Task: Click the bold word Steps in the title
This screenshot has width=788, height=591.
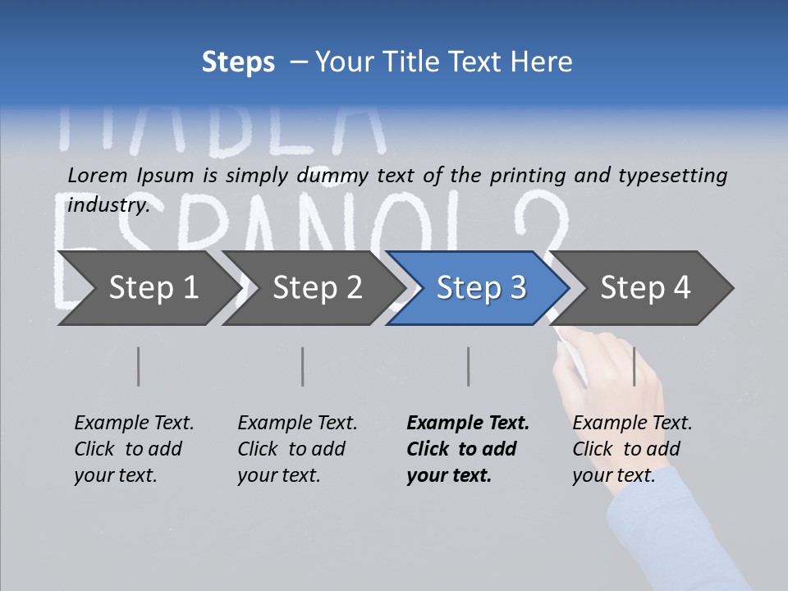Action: click(x=238, y=62)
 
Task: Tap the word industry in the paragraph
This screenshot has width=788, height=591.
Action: click(x=108, y=204)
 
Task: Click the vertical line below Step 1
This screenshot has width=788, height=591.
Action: click(x=139, y=366)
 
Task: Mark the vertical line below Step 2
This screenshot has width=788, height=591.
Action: click(x=303, y=366)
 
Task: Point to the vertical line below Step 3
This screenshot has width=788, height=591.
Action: click(x=469, y=366)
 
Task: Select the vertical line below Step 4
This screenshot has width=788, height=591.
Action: click(x=634, y=366)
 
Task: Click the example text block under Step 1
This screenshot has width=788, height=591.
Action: click(x=134, y=449)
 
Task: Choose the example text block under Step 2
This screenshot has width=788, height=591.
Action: click(x=297, y=449)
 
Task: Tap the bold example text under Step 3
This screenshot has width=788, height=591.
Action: click(x=468, y=449)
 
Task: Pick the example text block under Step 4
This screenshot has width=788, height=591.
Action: click(x=632, y=449)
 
